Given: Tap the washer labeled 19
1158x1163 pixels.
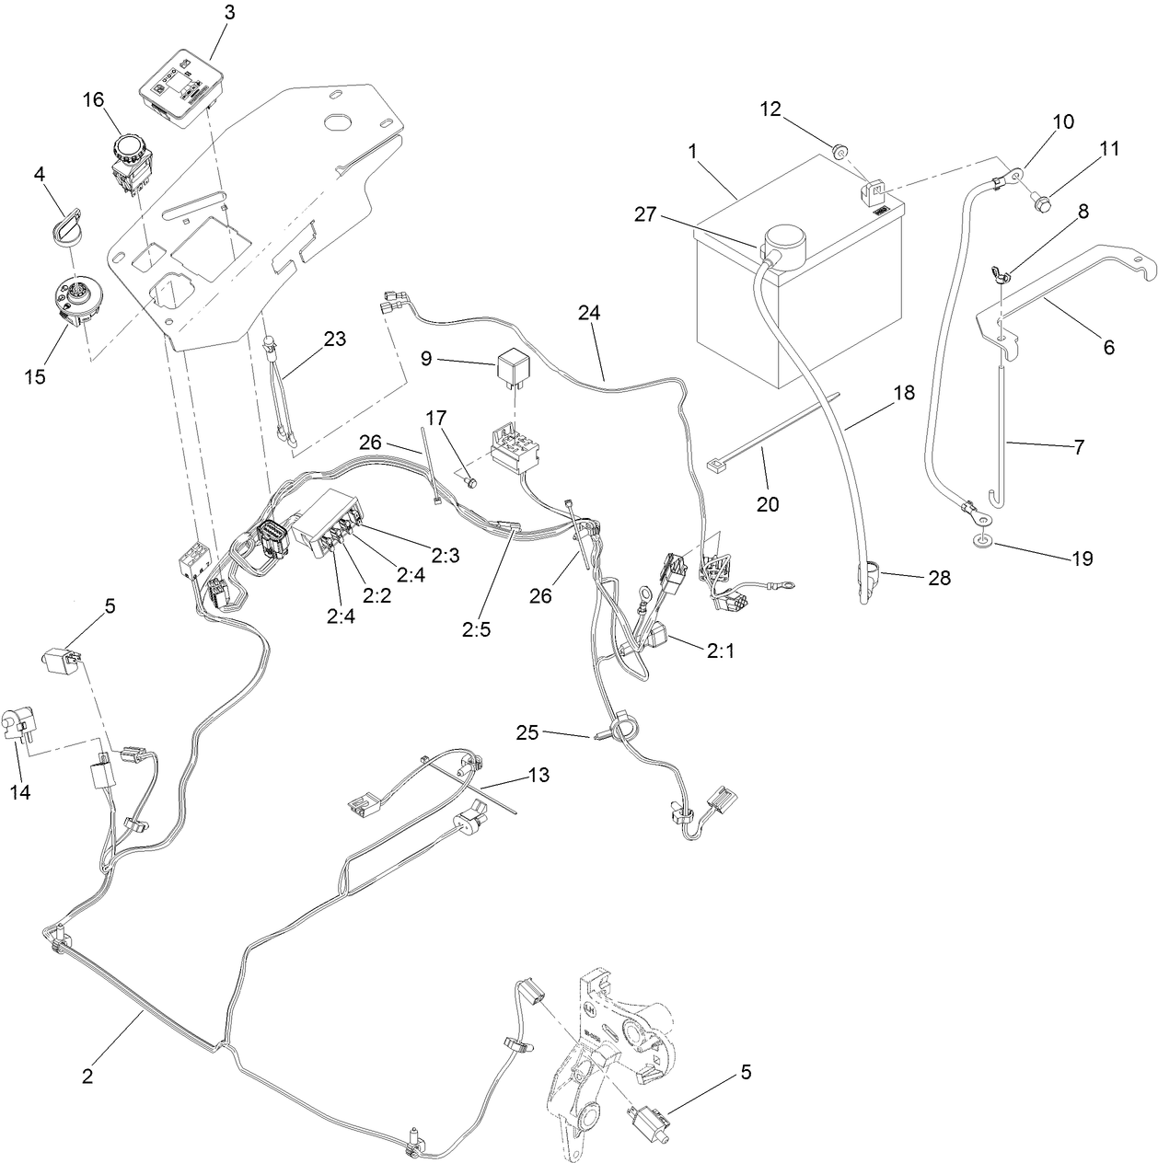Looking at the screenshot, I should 983,540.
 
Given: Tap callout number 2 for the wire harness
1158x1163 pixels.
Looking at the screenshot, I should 87,1076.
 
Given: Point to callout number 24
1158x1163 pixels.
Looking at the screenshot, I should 589,313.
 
